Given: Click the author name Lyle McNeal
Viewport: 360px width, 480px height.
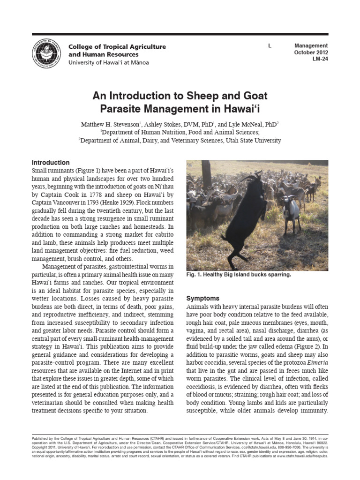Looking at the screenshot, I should [x=251, y=124].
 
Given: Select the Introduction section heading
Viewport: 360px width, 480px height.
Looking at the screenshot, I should [x=51, y=163].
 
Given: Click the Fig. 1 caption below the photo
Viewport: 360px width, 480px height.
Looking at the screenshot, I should [x=239, y=275].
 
